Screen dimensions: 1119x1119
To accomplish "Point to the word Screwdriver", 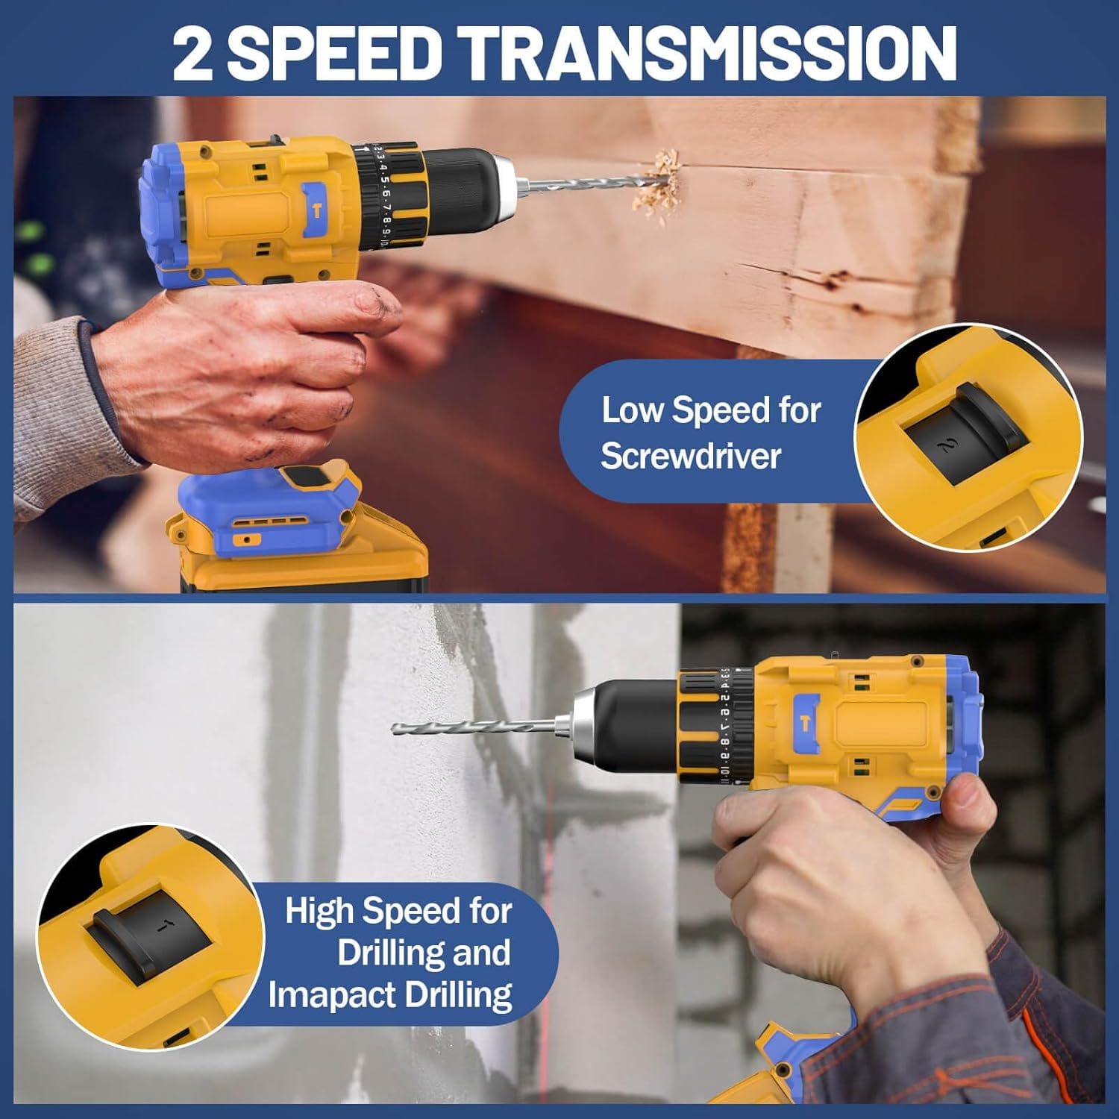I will [691, 456].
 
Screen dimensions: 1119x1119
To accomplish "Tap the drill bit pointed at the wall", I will [477, 726].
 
